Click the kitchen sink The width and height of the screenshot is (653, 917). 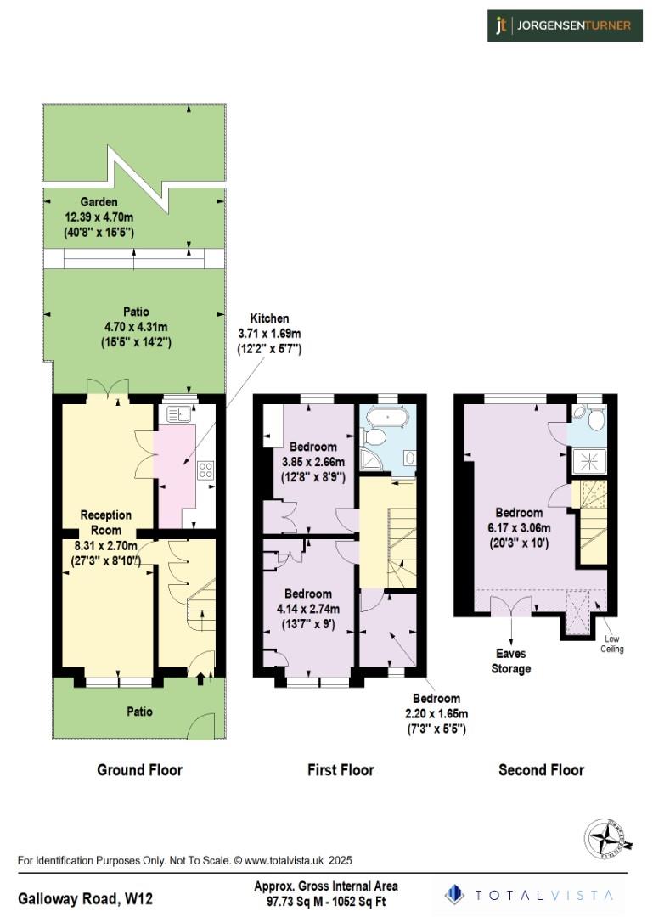pyautogui.click(x=177, y=414)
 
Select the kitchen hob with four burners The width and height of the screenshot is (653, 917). pyautogui.click(x=205, y=470)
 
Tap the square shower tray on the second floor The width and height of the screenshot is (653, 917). pyautogui.click(x=586, y=462)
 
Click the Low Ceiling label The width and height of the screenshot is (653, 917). pyautogui.click(x=613, y=644)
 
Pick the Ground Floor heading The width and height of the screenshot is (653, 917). pyautogui.click(x=140, y=770)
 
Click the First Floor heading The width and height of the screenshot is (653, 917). pyautogui.click(x=341, y=770)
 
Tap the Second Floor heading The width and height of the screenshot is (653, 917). pyautogui.click(x=541, y=770)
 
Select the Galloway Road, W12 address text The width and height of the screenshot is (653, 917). pyautogui.click(x=86, y=897)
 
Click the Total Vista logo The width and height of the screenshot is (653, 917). pyautogui.click(x=532, y=894)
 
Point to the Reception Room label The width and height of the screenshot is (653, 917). pyautogui.click(x=106, y=521)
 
